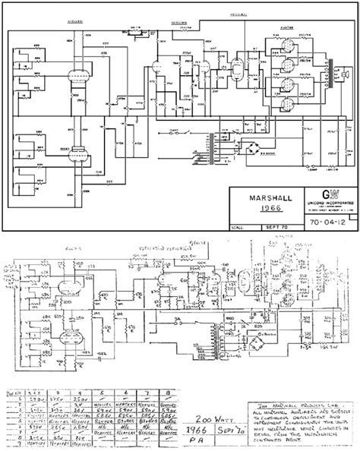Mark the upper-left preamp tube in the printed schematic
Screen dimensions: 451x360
pyautogui.click(x=75, y=77)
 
